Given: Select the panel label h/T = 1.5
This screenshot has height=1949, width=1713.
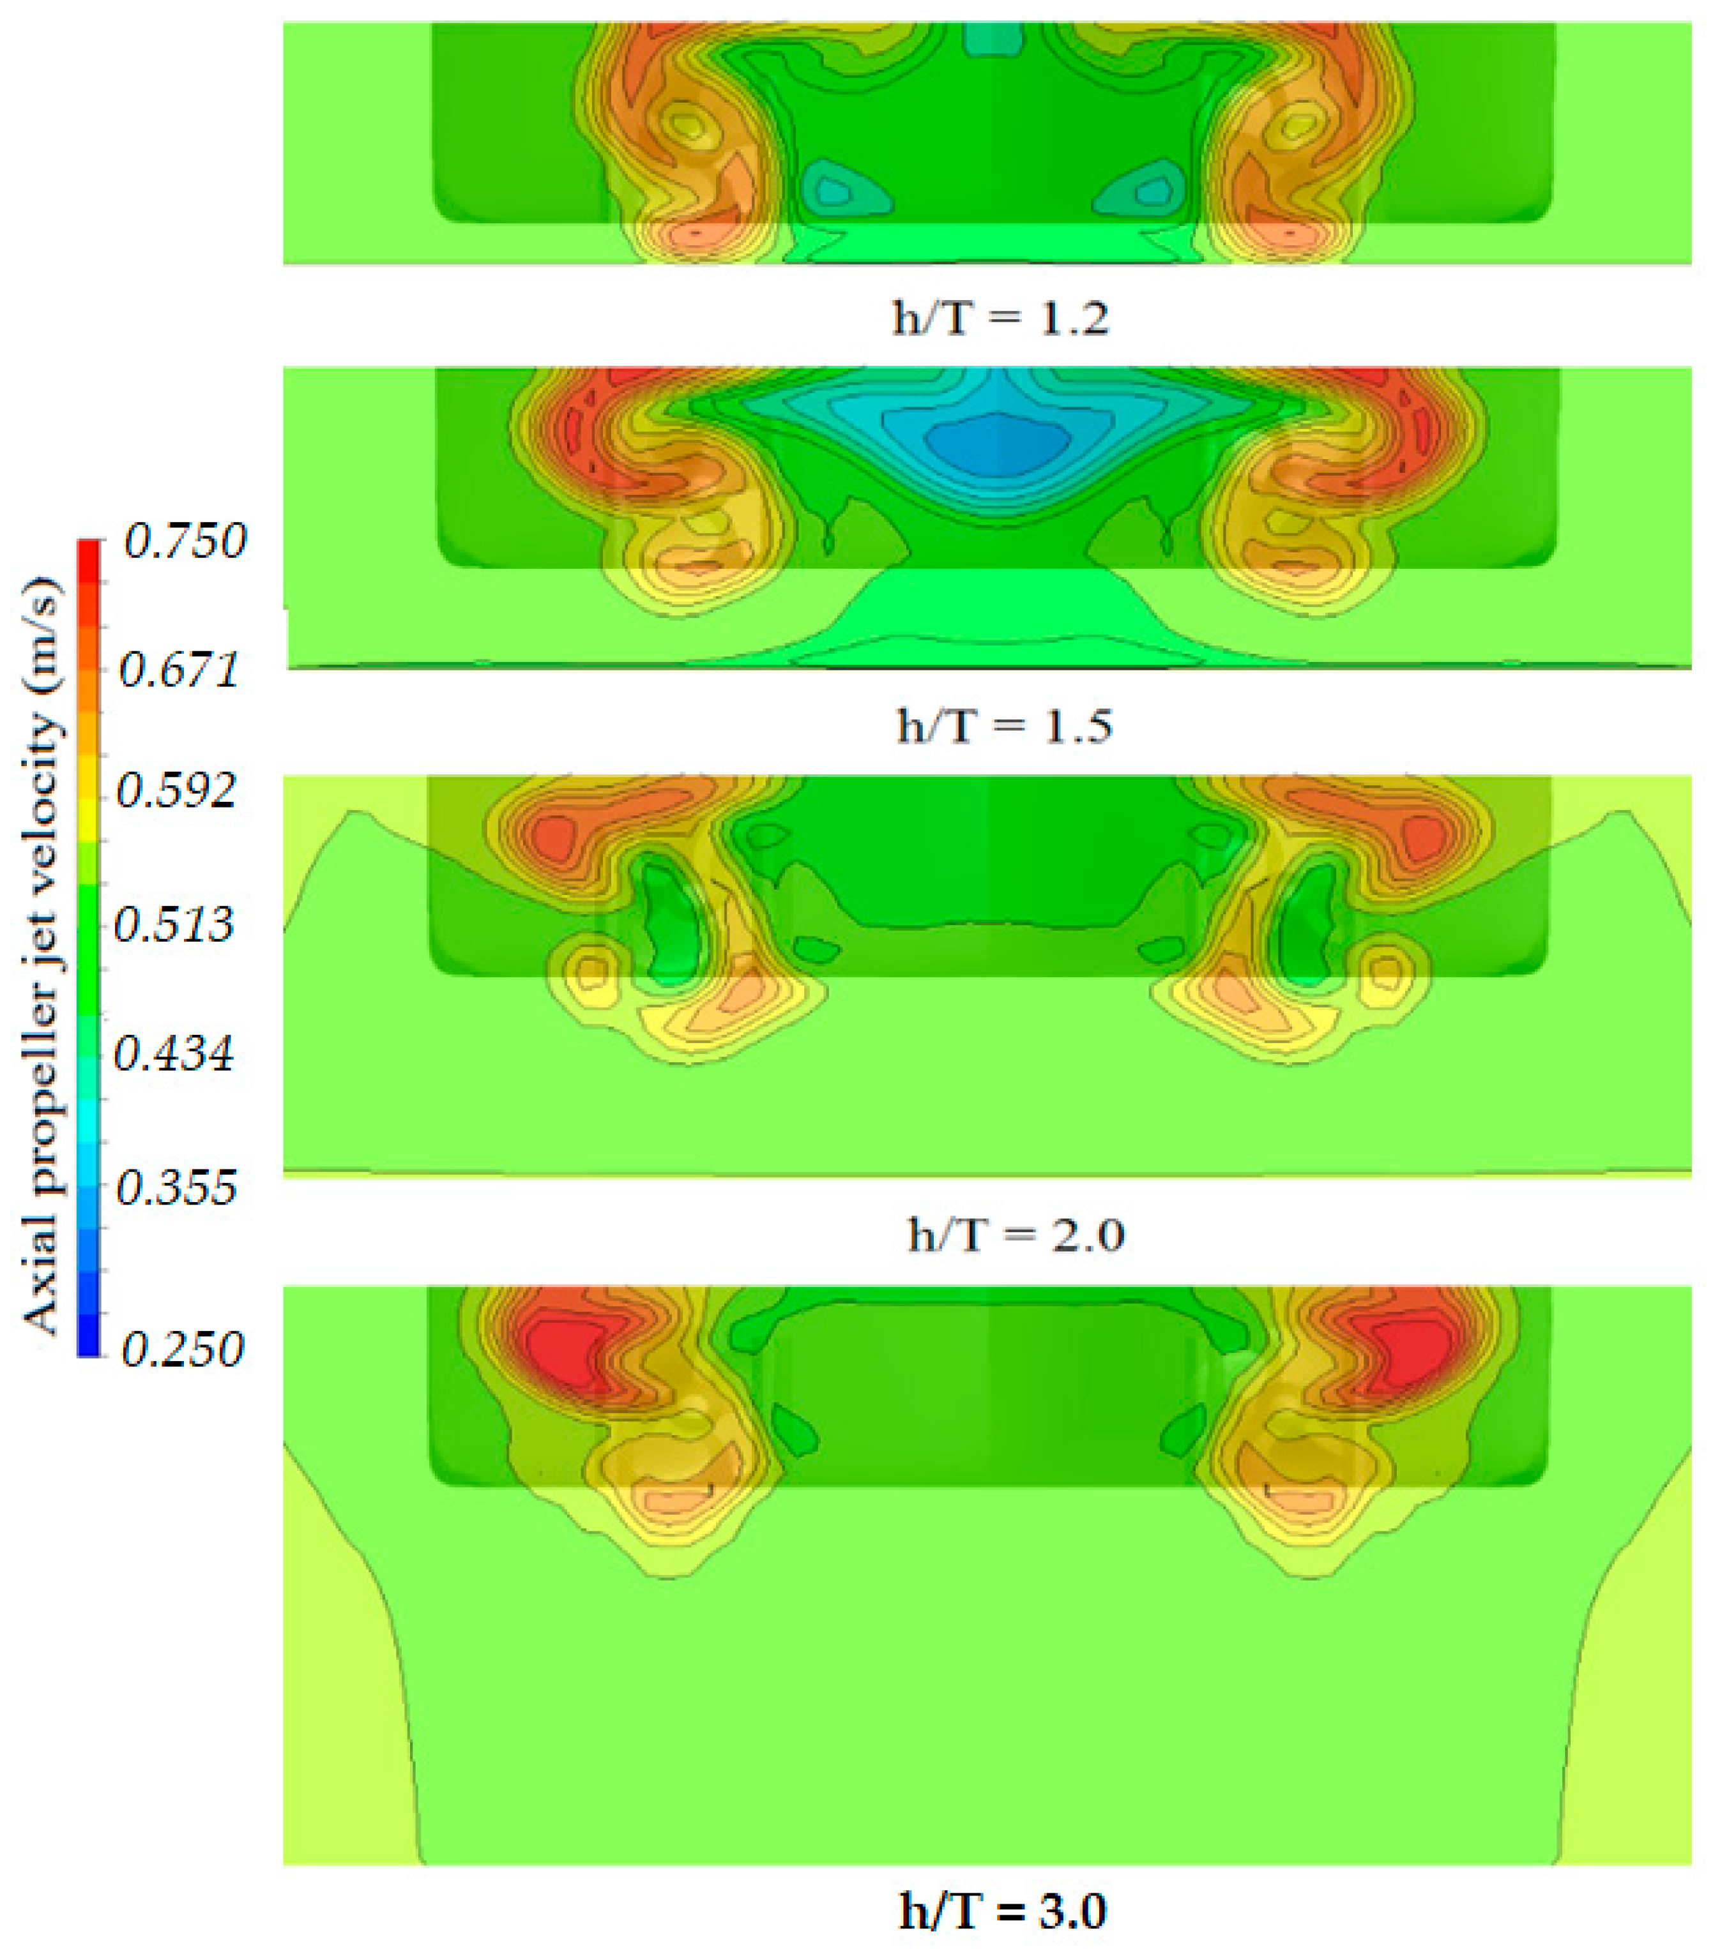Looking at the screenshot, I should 1004,726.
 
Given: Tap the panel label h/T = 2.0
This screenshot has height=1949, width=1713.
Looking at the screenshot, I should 1016,1236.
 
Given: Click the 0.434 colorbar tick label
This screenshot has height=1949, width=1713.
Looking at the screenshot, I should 174,1055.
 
